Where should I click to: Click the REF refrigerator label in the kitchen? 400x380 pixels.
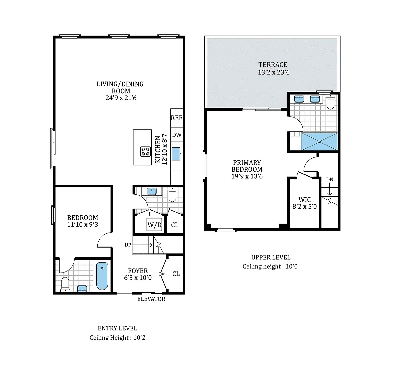pos(176,118)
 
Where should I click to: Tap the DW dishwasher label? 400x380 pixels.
pos(177,135)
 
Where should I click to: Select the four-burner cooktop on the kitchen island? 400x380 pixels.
pos(145,151)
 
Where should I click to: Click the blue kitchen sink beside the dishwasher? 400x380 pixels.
pos(176,154)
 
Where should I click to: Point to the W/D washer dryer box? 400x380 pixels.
pos(154,224)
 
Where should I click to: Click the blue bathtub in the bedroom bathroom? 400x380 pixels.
pos(102,276)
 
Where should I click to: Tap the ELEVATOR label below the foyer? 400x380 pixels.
pos(151,299)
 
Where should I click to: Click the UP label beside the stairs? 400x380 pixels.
pos(128,245)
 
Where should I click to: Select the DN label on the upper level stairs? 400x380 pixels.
pos(330,180)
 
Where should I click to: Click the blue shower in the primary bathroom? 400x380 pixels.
pos(319,141)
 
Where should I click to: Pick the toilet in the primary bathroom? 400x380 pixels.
pos(330,101)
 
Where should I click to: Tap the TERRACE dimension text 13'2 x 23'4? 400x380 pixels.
pos(273,72)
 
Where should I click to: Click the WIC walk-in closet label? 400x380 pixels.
pos(304,200)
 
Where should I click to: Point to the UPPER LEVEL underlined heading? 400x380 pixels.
pos(271,258)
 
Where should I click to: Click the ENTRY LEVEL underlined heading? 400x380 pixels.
pos(117,328)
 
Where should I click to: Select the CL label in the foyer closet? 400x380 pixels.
pos(176,274)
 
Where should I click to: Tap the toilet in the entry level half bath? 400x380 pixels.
pos(172,194)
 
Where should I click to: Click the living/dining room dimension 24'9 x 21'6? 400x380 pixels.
pos(121,98)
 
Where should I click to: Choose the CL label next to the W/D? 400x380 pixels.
pos(175,225)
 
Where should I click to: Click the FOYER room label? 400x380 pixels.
pos(138,271)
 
